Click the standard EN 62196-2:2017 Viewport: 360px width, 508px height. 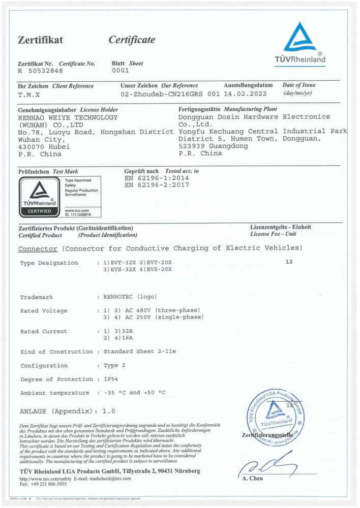(x=157, y=185)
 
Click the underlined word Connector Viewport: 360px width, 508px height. (x=38, y=248)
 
